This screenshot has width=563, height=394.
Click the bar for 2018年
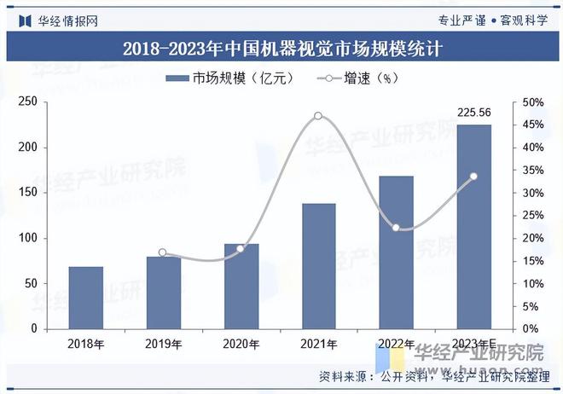coord(85,298)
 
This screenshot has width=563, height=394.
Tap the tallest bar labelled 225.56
coord(473,227)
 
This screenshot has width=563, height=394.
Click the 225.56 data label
coord(473,112)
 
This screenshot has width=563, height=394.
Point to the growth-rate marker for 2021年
coord(318,116)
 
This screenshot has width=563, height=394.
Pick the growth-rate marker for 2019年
coord(163,253)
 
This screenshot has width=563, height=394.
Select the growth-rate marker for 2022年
coord(396,228)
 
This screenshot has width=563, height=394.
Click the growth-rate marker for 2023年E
coord(473,177)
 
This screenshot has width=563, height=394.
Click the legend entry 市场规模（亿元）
coord(230,78)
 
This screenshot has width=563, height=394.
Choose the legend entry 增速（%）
coord(359,78)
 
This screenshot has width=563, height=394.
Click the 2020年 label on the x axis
coord(241,345)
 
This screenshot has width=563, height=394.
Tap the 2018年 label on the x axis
coord(85,345)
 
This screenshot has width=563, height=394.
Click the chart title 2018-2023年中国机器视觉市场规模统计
coord(281,49)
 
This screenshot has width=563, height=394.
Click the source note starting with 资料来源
coord(435,376)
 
